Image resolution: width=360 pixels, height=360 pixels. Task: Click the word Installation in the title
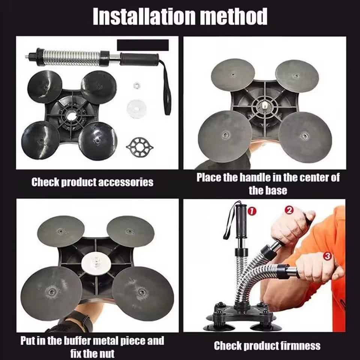pos(138,16)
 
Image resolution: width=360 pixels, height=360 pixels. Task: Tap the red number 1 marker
pos(252,211)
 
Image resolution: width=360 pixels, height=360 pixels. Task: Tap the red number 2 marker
pos(289,210)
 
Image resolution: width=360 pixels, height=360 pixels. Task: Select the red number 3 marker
pos(327,256)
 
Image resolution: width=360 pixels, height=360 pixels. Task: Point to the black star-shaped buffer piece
pos(139,145)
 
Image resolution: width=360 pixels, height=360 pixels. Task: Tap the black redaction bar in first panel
pos(142,45)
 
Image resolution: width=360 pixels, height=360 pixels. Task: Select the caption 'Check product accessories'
pos(92,182)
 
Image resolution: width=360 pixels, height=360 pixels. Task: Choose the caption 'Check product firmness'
pos(267,346)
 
